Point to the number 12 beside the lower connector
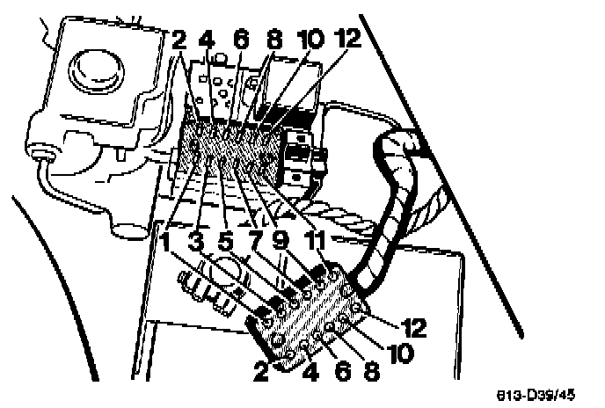tap(411, 328)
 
